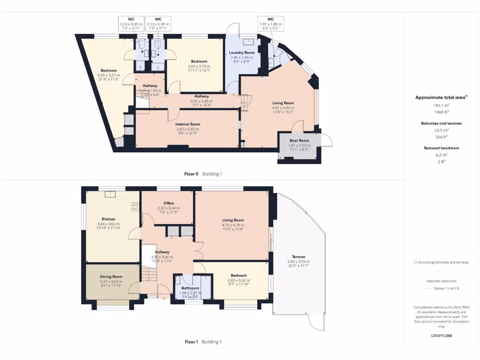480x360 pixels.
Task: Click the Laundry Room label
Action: pyautogui.click(x=242, y=52)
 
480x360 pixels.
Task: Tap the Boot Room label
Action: pyautogui.click(x=299, y=141)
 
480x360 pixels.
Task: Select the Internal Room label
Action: pyautogui.click(x=187, y=124)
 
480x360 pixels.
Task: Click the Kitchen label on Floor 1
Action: pyautogui.click(x=109, y=219)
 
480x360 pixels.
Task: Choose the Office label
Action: pyautogui.click(x=168, y=203)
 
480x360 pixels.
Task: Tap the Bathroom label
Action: pyautogui.click(x=190, y=288)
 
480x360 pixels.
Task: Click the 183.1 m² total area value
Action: pyautogui.click(x=441, y=105)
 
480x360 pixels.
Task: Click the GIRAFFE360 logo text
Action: pyautogui.click(x=442, y=336)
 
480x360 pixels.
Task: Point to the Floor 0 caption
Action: pyautogui.click(x=191, y=174)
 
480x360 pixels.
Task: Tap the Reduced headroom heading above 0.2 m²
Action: pyautogui.click(x=441, y=148)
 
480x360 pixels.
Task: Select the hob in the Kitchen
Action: pyautogui.click(x=135, y=205)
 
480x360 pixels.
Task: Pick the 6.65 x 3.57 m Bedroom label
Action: pyautogui.click(x=108, y=71)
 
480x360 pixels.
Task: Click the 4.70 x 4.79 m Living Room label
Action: pyautogui.click(x=233, y=220)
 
